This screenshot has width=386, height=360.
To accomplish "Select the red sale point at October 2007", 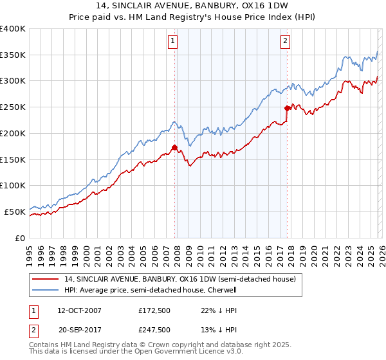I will (174, 147).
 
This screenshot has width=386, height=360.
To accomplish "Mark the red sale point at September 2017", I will (287, 108).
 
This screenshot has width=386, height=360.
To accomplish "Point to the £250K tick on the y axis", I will (13, 107).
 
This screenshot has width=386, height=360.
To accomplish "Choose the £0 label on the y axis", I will (20, 238).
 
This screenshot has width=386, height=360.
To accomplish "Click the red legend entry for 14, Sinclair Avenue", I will (179, 279).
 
